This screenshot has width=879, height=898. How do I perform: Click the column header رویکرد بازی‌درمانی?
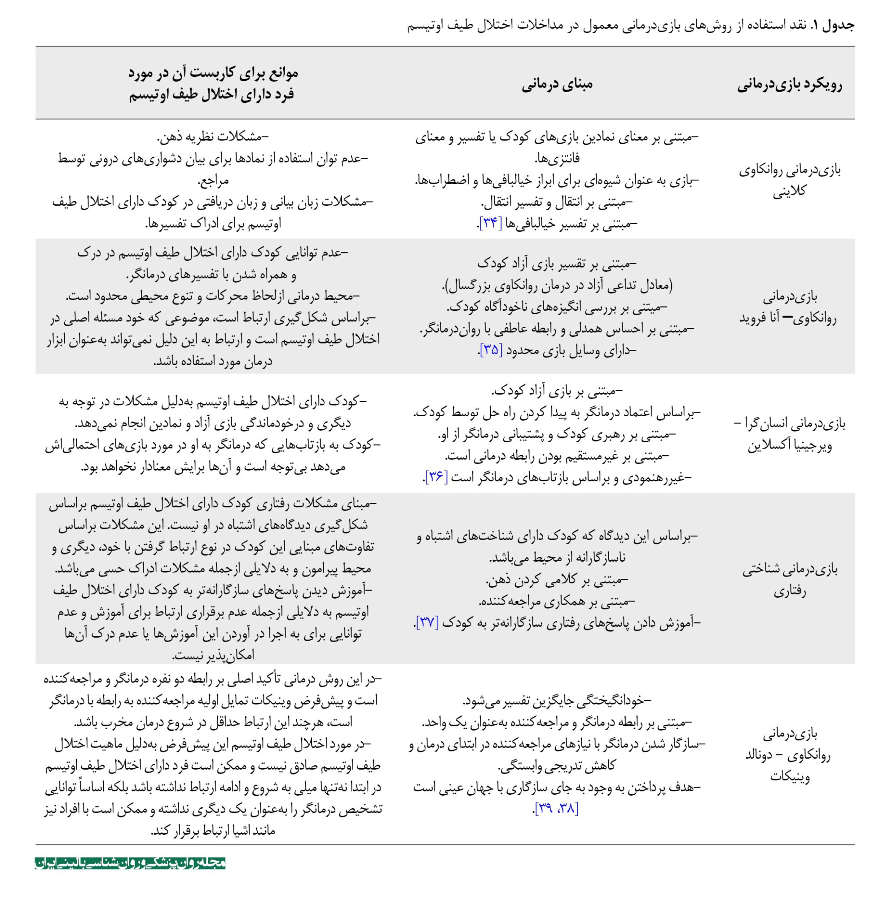tap(789, 85)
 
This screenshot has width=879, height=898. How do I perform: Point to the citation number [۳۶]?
tap(436, 477)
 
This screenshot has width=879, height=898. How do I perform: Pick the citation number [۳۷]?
tap(428, 622)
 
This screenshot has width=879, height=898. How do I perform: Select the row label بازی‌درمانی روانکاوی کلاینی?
tap(789, 180)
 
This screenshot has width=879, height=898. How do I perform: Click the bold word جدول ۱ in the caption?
tap(833, 25)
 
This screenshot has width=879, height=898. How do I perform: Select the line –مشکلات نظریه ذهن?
tap(212, 137)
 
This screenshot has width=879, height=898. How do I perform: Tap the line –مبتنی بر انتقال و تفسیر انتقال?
tap(556, 202)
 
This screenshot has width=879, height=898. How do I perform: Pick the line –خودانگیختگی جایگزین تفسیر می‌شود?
tap(556, 701)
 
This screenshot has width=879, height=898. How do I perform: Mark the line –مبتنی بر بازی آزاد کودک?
tap(556, 391)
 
